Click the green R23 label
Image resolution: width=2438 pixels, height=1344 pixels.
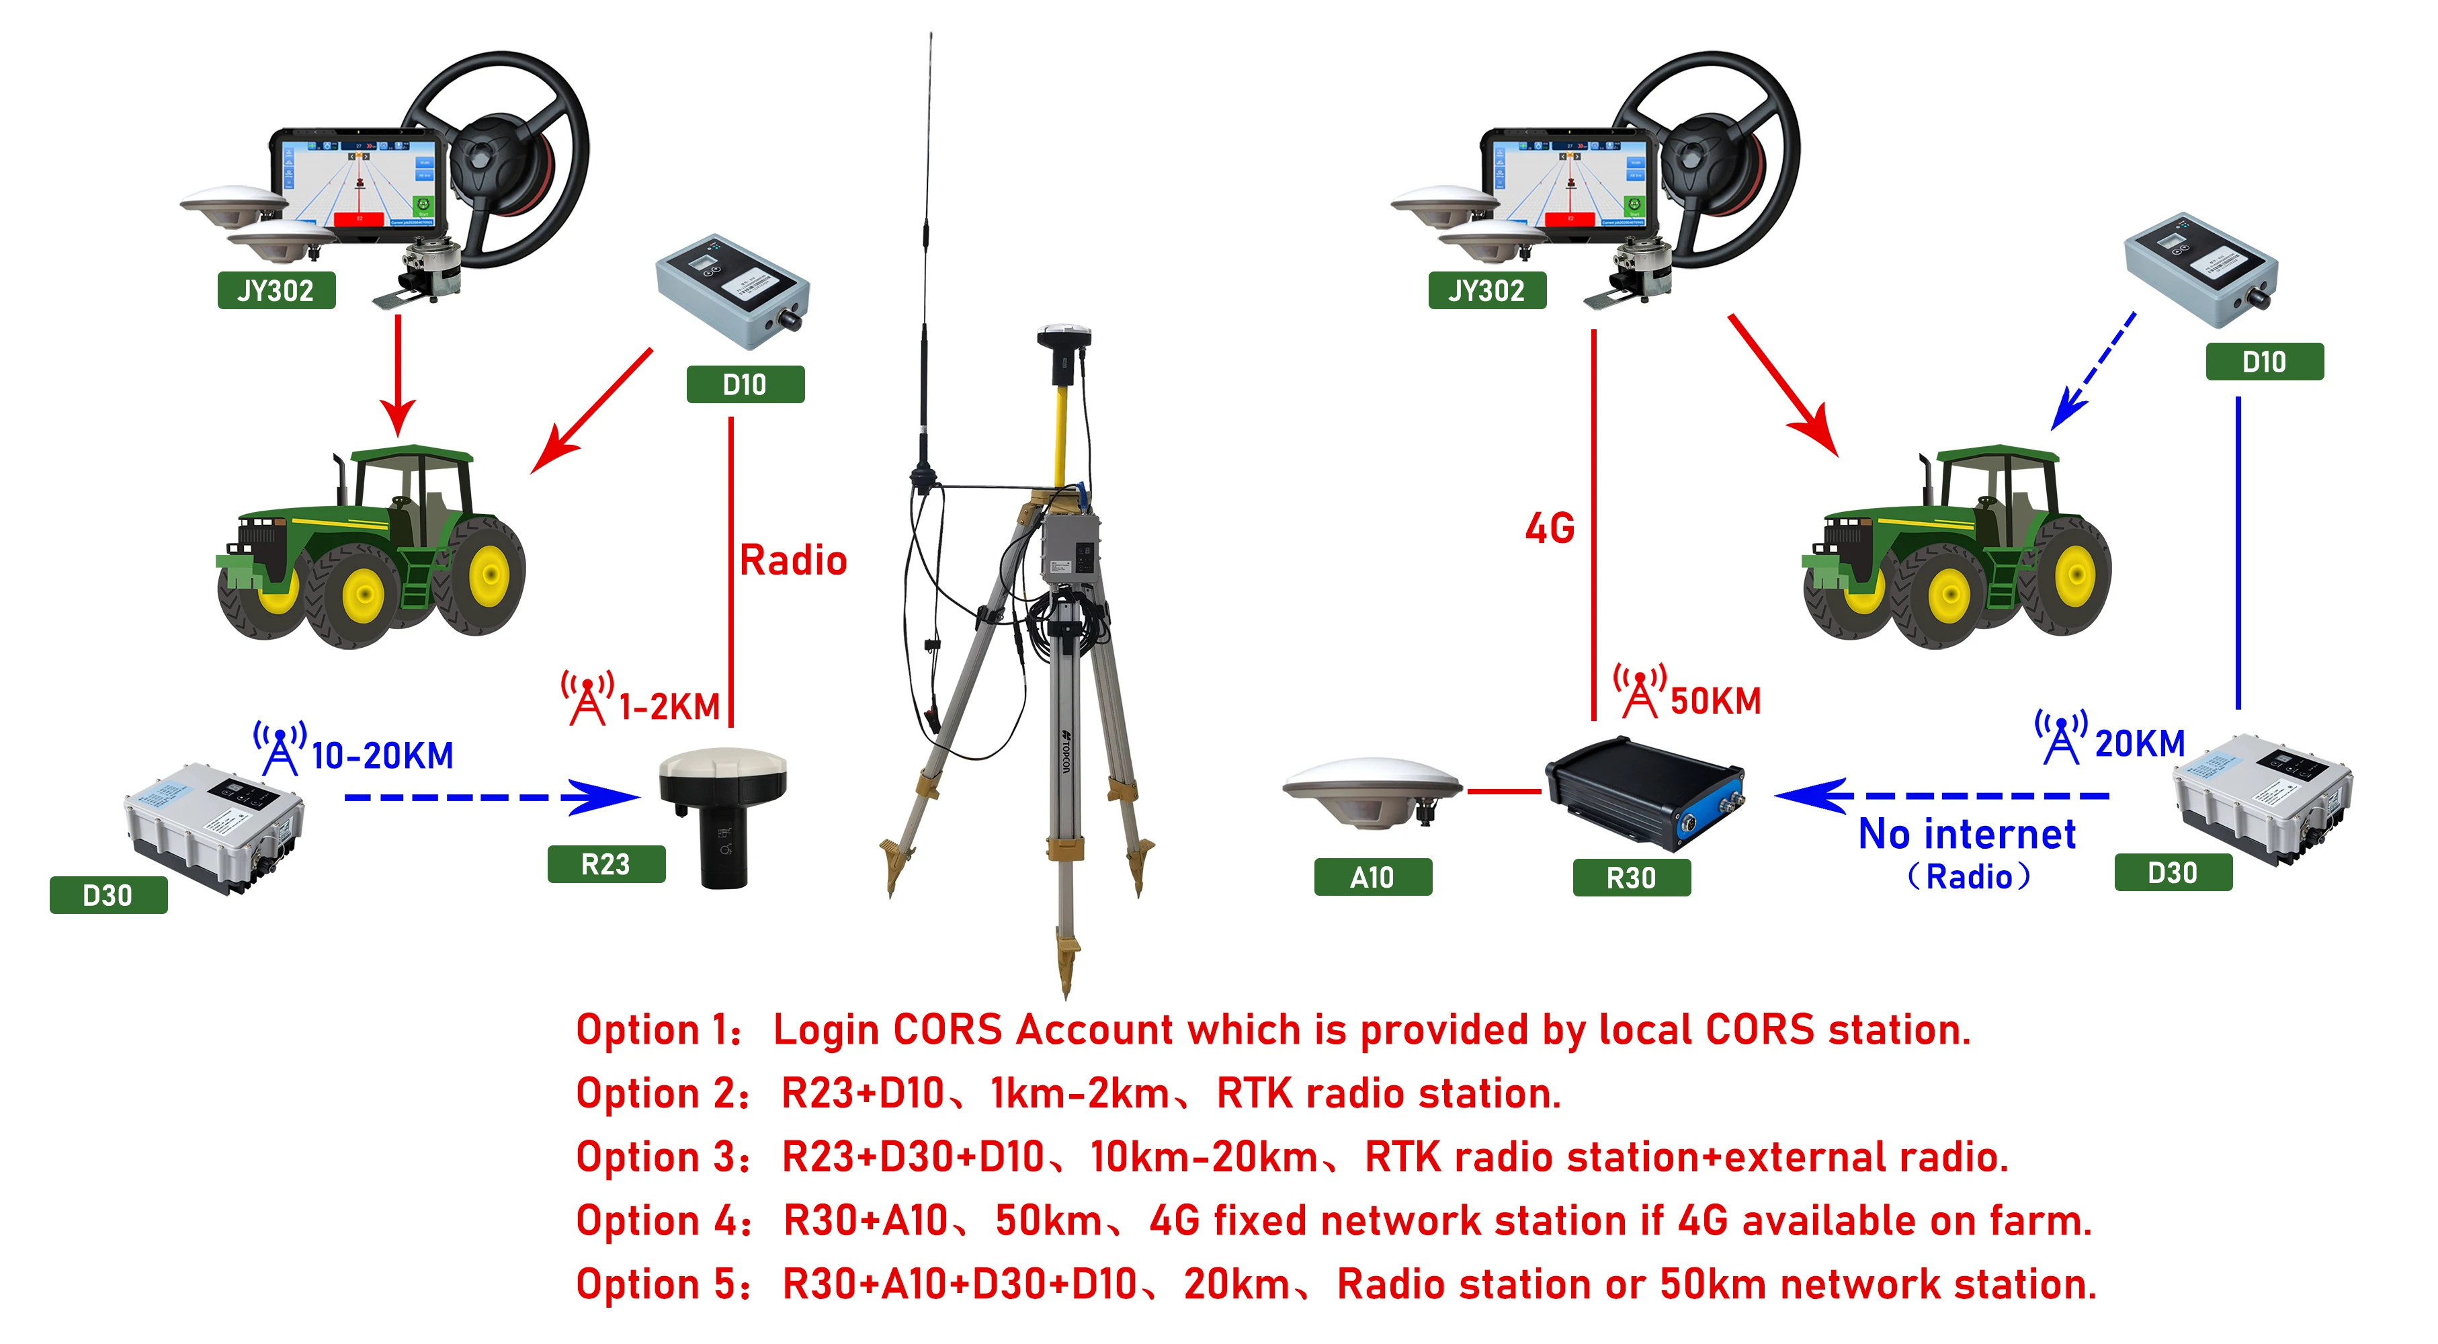[605, 864]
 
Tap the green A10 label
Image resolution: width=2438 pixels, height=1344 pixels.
[1372, 878]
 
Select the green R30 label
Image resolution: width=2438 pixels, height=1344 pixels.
[1631, 878]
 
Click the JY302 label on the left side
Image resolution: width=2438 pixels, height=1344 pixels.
[276, 290]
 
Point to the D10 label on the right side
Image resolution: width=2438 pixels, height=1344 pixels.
[2264, 362]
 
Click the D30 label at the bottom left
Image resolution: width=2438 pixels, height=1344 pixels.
[108, 895]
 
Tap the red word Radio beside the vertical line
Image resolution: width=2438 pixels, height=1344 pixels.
[793, 560]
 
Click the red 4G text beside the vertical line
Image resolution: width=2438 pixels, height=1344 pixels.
[1550, 528]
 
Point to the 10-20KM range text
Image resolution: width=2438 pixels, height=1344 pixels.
[382, 755]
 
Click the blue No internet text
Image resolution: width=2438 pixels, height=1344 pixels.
[1967, 834]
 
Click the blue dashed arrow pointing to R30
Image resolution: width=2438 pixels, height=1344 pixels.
[1940, 796]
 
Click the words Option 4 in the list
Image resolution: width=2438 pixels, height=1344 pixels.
[663, 1221]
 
